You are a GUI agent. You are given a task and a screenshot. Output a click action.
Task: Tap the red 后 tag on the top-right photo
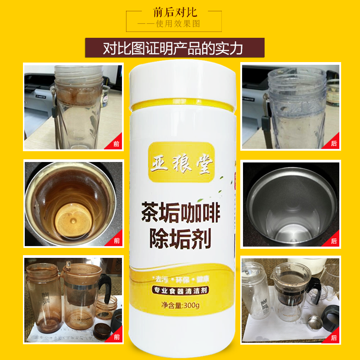click(333, 144)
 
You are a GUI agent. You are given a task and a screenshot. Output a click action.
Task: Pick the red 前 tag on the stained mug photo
click(117, 241)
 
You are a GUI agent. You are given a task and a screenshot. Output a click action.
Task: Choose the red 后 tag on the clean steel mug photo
click(333, 241)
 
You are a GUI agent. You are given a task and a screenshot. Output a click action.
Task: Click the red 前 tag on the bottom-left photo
click(117, 337)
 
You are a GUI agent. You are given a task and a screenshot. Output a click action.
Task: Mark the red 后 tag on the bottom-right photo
click(333, 337)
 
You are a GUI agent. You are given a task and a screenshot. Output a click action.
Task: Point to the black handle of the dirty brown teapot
click(108, 288)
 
